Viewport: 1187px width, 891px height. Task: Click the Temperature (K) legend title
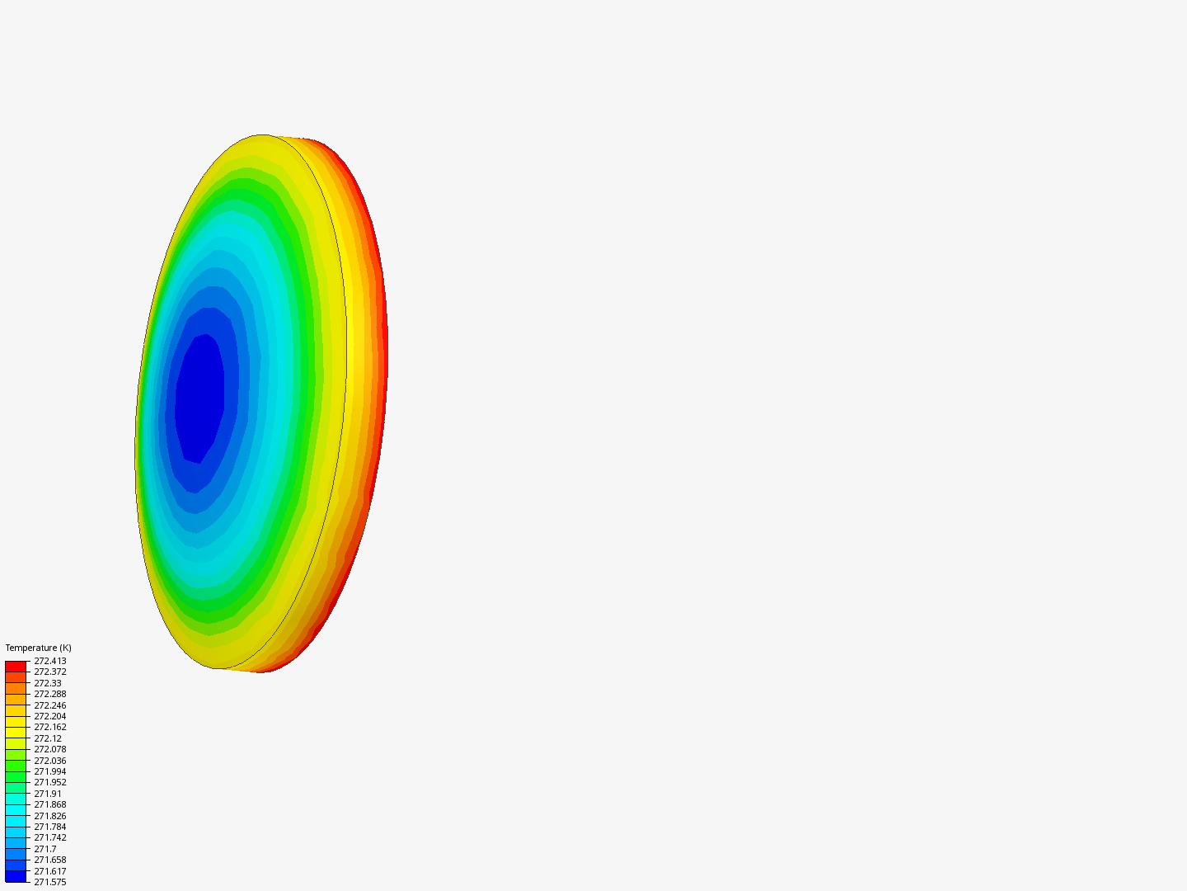(x=39, y=648)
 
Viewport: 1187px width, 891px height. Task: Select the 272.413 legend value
(x=50, y=661)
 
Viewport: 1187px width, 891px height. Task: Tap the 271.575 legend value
(x=50, y=882)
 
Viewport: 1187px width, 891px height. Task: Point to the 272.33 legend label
(x=48, y=683)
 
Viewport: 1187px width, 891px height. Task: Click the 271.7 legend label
(x=45, y=849)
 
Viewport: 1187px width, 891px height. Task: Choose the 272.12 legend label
(x=48, y=738)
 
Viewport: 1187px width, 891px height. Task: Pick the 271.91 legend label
(x=48, y=794)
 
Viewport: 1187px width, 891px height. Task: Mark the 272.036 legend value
(x=50, y=761)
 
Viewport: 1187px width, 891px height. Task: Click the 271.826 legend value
(x=50, y=816)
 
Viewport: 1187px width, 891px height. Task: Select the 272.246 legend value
(x=50, y=705)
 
